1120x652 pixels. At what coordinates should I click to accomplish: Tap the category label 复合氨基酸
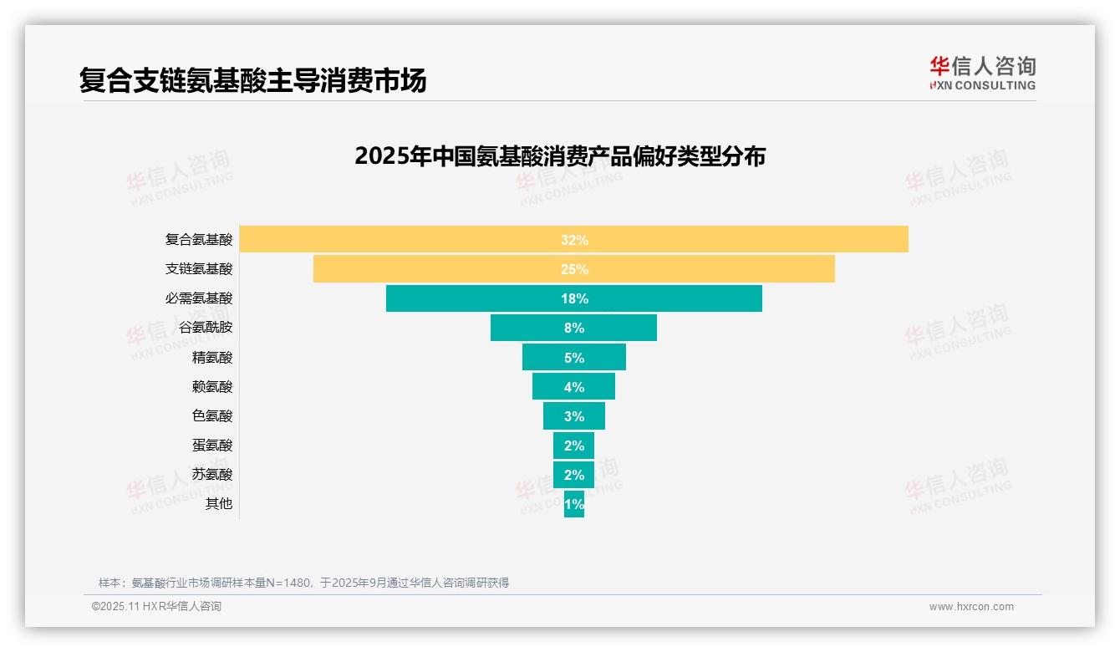tap(199, 240)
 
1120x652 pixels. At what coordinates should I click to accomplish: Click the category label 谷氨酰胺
tap(206, 328)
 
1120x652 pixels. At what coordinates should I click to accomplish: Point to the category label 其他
tap(219, 504)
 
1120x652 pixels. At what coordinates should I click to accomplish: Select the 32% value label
tap(574, 240)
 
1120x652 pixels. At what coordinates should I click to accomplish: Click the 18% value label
tap(574, 298)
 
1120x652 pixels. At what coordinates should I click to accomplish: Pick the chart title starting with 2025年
tap(560, 156)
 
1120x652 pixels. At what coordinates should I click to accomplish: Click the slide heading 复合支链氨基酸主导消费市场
tap(252, 80)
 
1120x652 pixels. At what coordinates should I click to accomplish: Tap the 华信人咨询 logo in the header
tap(982, 73)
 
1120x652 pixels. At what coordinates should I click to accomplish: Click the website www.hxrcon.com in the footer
tap(971, 607)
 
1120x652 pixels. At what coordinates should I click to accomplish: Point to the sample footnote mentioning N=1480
tap(303, 583)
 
